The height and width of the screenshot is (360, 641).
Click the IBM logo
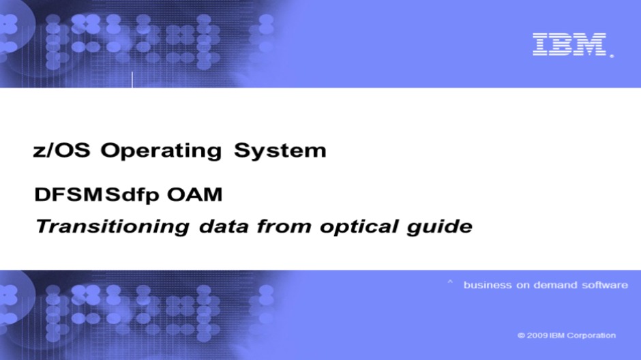coord(569,44)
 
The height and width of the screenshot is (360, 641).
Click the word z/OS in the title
coord(61,150)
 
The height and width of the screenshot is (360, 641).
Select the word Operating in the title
coord(161,151)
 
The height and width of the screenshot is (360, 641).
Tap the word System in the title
coord(280,151)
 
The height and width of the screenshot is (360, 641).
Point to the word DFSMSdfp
coord(96,195)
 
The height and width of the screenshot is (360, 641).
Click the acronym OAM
coord(194,194)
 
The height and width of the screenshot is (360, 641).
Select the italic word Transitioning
coord(113,227)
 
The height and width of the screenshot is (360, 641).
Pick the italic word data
coord(224,226)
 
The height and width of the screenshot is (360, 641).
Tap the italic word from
coord(284,226)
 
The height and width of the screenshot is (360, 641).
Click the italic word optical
coord(359,227)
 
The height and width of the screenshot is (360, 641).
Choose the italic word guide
coord(439,227)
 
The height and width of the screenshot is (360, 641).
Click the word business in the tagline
coord(488,285)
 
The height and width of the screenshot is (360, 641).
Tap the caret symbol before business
coord(450,282)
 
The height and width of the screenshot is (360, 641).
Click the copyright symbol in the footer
coord(521,335)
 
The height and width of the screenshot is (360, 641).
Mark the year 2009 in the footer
coord(537,335)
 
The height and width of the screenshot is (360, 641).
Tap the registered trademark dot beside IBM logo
coord(612,56)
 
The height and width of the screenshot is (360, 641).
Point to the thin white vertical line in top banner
coord(132,80)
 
